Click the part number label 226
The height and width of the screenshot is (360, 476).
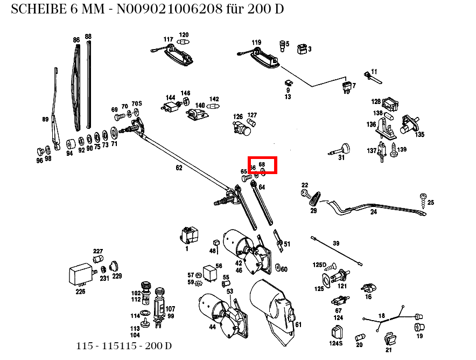(80, 292)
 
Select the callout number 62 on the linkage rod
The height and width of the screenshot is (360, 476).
(179, 168)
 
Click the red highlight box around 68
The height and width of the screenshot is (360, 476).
(262, 165)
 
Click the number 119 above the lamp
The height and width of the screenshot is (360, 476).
(256, 42)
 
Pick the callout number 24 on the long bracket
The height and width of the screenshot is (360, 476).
(374, 212)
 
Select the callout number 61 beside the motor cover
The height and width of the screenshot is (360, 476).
(298, 324)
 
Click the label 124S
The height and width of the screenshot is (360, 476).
(336, 343)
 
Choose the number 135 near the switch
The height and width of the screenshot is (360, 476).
(419, 134)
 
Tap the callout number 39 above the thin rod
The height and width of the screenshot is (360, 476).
(336, 244)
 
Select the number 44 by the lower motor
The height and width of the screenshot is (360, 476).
(212, 327)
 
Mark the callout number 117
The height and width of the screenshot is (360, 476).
(169, 39)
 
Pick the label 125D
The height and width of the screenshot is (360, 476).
(319, 265)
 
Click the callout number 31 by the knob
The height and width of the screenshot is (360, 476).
(341, 157)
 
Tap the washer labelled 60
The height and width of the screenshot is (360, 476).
(278, 268)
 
